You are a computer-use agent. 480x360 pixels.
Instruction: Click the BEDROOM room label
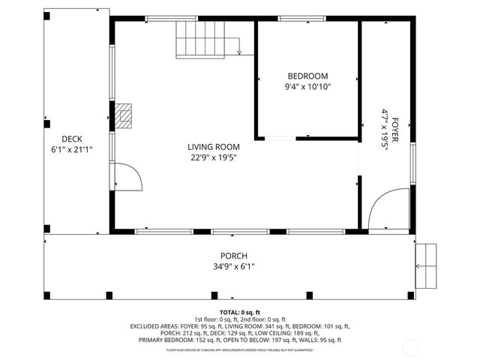[x=307, y=76]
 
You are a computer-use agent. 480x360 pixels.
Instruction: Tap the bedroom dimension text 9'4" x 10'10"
[x=307, y=87]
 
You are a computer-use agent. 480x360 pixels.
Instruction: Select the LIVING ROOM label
[x=214, y=147]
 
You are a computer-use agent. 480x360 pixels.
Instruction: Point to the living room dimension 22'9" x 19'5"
[x=214, y=157]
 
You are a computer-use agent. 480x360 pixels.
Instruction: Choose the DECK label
[x=72, y=139]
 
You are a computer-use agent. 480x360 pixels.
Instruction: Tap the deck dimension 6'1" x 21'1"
[x=72, y=149]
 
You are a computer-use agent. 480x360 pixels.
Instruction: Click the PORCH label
[x=233, y=256]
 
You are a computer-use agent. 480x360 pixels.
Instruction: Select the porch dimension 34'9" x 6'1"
[x=233, y=266]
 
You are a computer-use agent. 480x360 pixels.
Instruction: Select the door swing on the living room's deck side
[x=128, y=177]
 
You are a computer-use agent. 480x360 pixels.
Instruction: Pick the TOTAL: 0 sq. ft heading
[x=239, y=312]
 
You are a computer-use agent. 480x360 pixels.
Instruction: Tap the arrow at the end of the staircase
[x=239, y=52]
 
